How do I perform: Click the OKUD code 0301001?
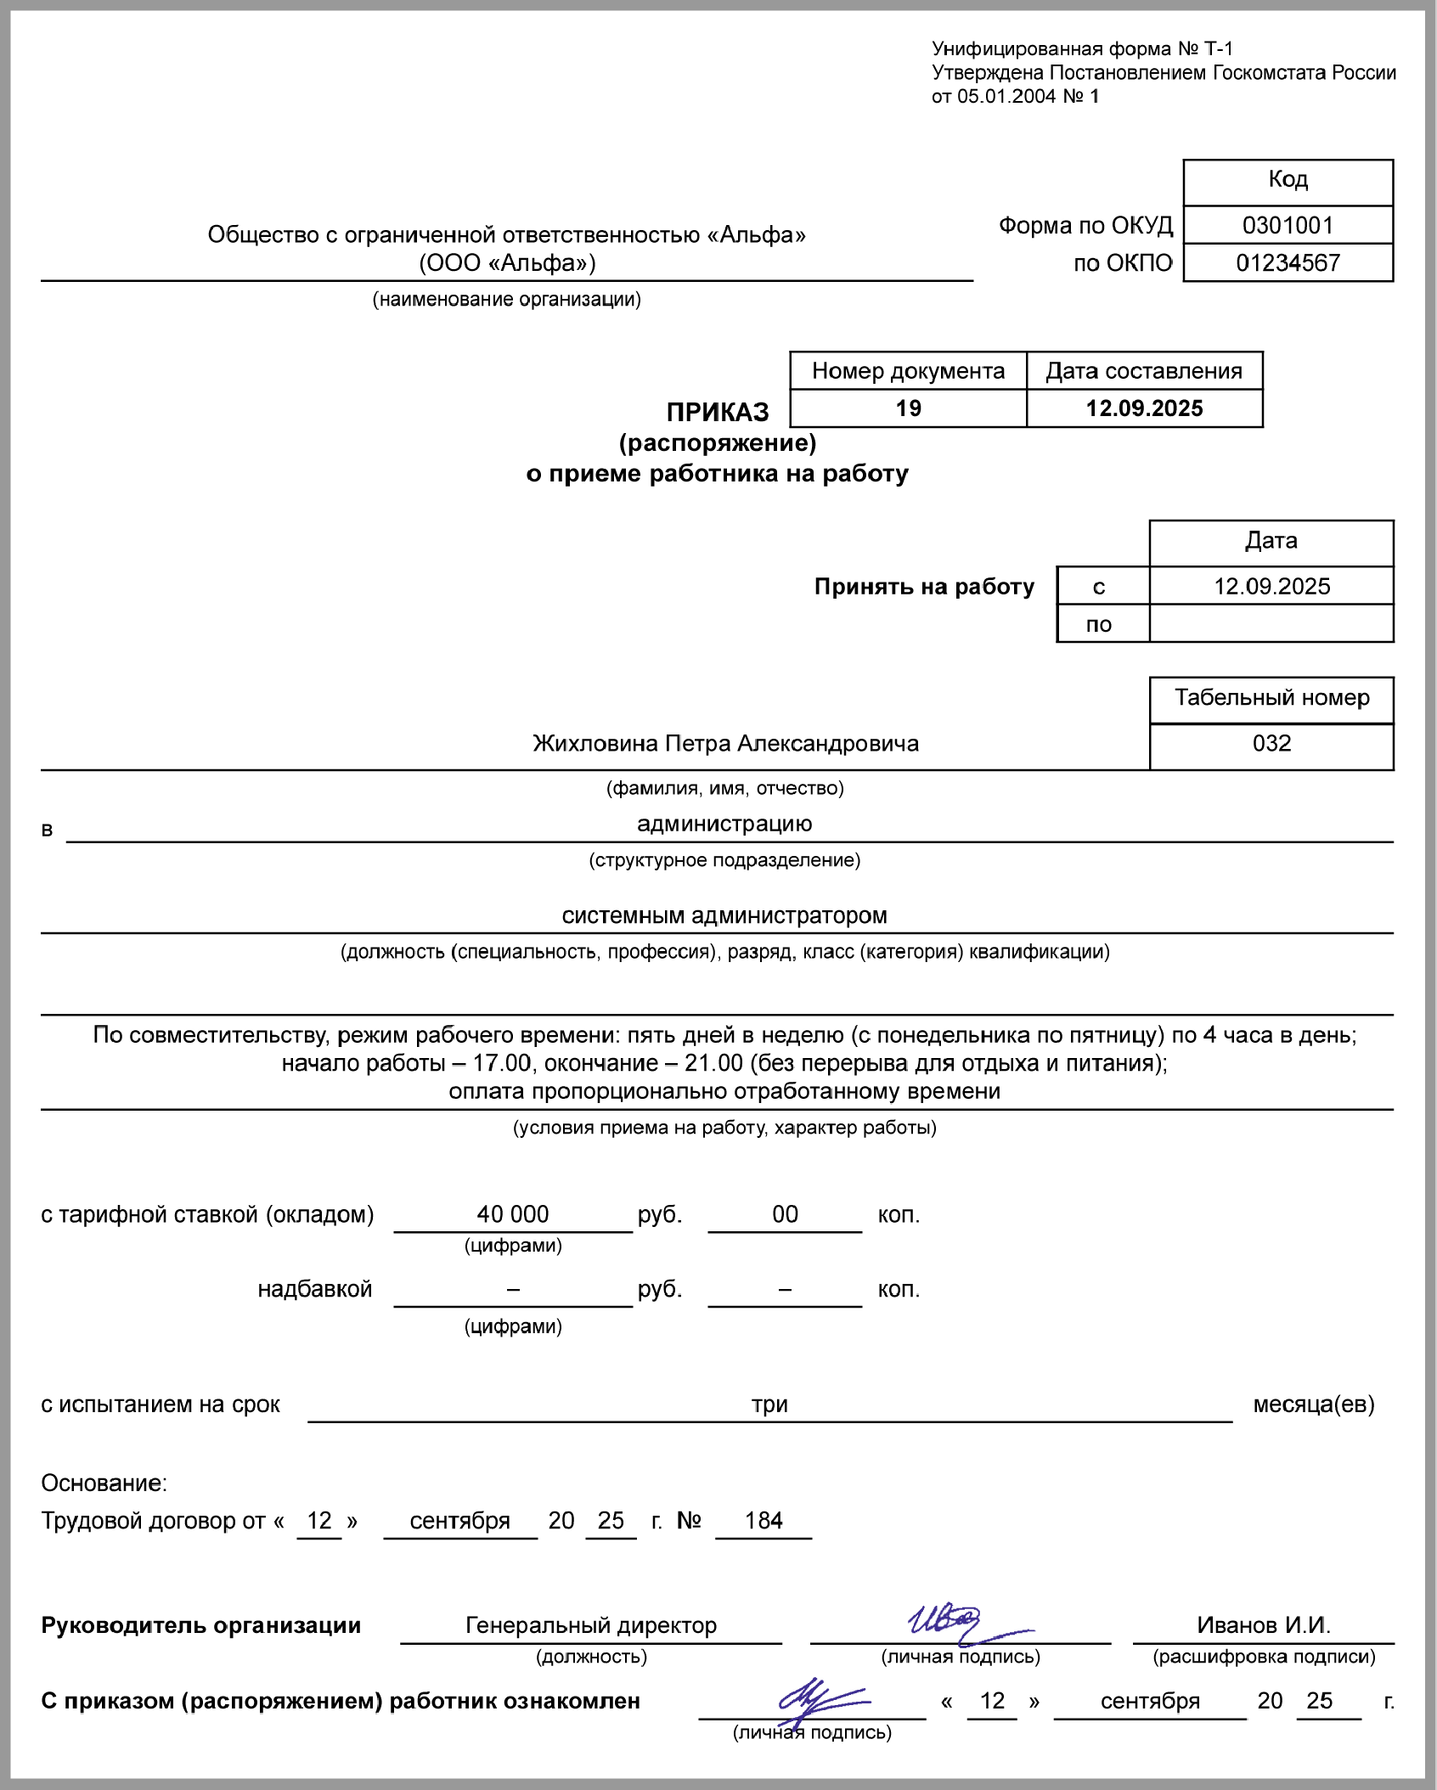(1288, 225)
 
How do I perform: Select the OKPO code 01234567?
(1288, 263)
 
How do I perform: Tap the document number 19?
(908, 408)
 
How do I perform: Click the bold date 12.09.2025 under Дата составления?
(1144, 408)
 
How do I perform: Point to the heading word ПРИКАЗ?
(718, 413)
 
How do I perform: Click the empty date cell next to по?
(1271, 624)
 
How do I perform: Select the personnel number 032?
(1271, 744)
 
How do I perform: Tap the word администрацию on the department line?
(724, 824)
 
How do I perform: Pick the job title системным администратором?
(724, 915)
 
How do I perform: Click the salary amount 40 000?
(513, 1214)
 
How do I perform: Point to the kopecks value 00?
(785, 1214)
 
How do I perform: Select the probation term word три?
(769, 1404)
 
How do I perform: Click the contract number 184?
(764, 1521)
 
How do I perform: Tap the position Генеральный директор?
(591, 1625)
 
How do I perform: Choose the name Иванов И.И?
(1264, 1625)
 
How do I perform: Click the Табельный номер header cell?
(1271, 698)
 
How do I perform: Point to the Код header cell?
(1288, 180)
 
